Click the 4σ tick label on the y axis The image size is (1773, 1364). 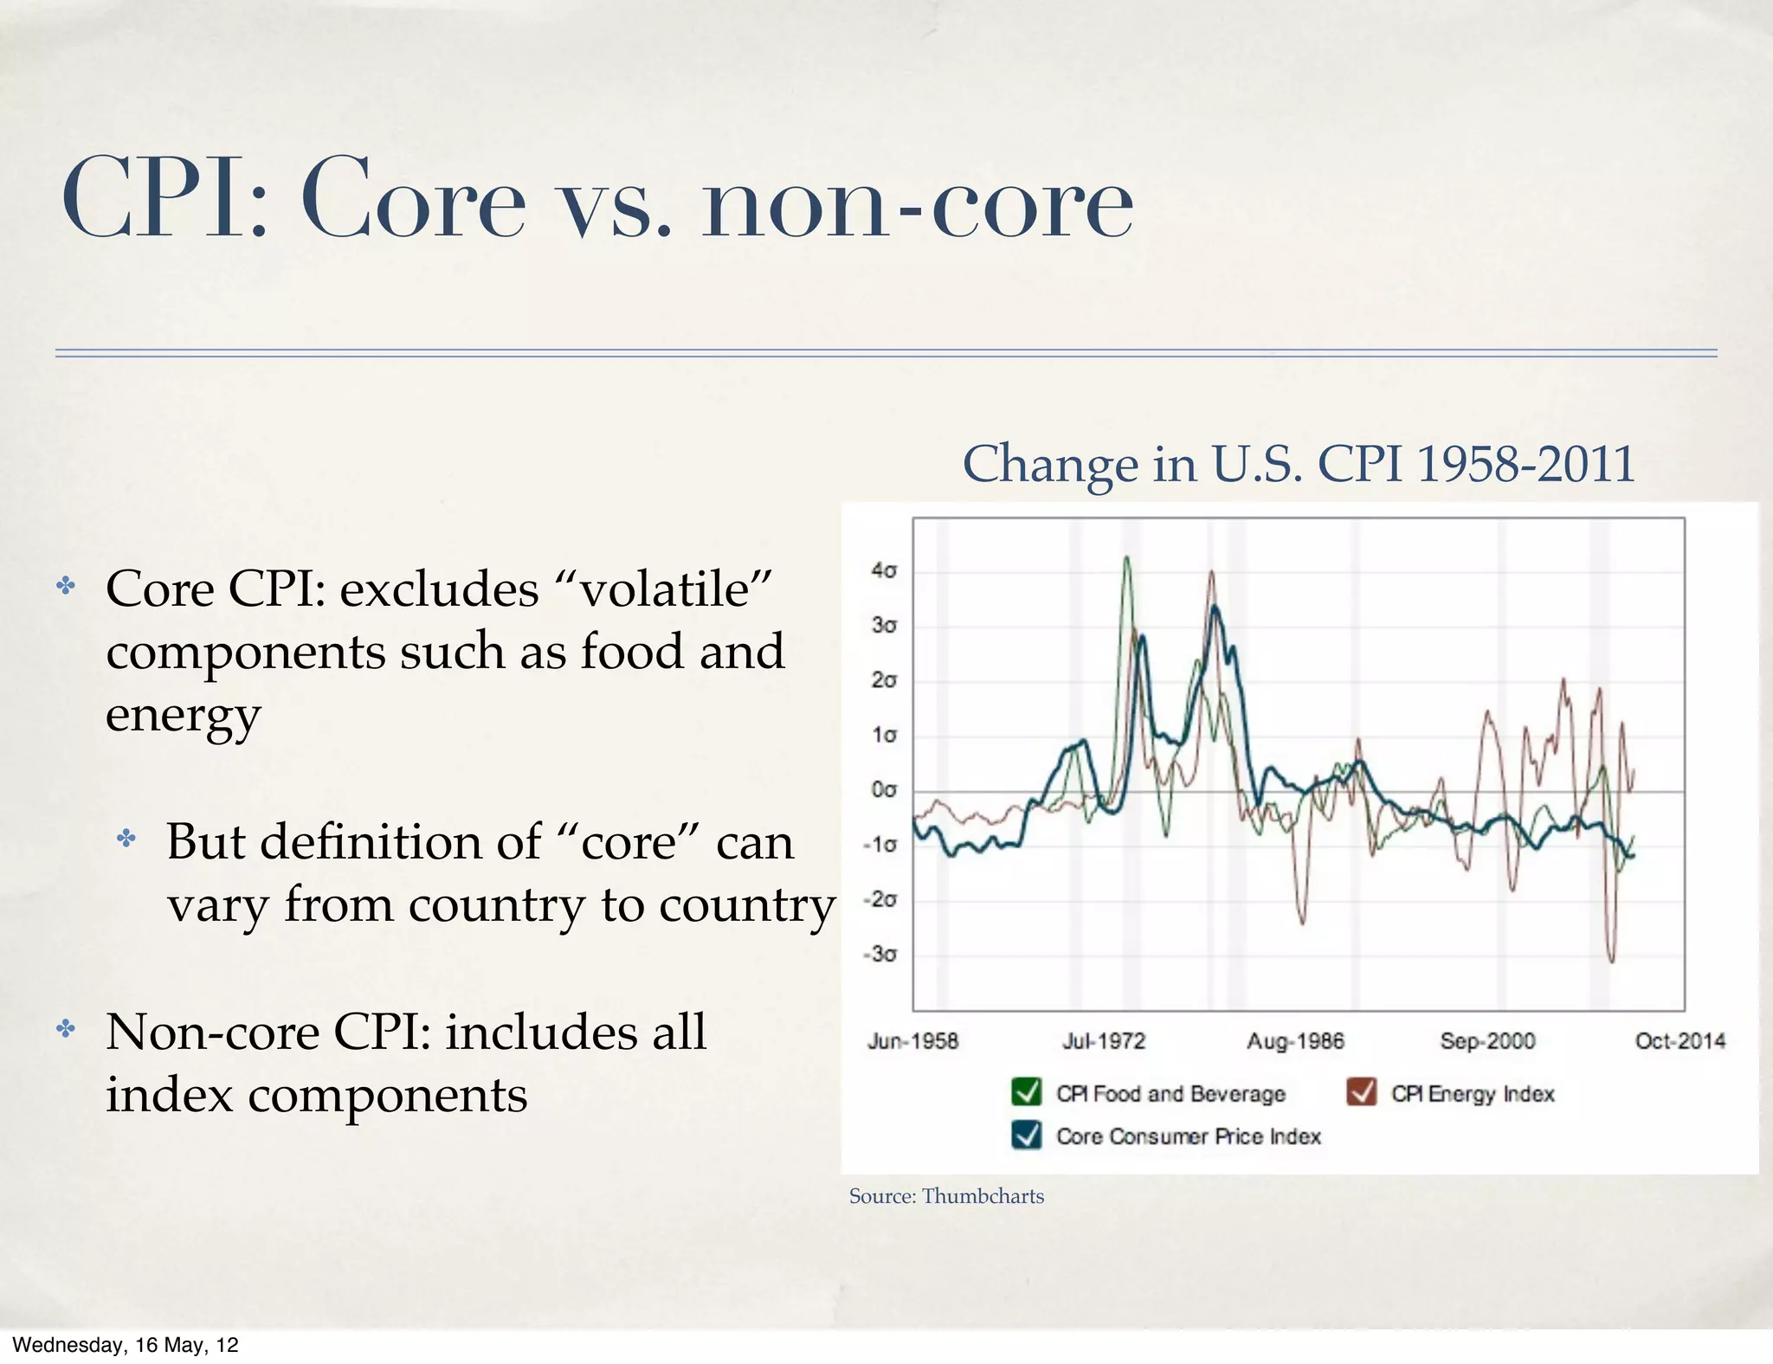pos(884,570)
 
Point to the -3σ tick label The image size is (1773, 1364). pos(880,955)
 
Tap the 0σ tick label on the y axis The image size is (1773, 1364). pos(884,790)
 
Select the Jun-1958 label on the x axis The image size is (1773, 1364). pos(912,1040)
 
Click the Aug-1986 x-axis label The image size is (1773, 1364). pos(1295,1040)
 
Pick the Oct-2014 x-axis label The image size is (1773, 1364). pos(1680,1040)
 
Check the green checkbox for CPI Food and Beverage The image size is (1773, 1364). pos(1026,1092)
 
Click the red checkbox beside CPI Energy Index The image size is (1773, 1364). pos(1361,1092)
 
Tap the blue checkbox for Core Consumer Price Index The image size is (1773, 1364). pos(1026,1135)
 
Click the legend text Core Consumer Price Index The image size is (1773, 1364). pos(1189,1136)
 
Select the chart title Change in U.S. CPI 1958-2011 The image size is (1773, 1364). pos(1299,464)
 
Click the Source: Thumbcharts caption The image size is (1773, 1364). pos(946,1196)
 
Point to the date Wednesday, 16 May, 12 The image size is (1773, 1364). pos(126,1344)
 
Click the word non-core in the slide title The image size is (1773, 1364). pos(917,203)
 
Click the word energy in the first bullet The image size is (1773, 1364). pos(183,716)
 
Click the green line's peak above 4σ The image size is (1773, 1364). pos(1126,557)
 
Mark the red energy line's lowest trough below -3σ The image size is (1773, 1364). pos(1612,961)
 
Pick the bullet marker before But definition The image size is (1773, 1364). pos(126,838)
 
